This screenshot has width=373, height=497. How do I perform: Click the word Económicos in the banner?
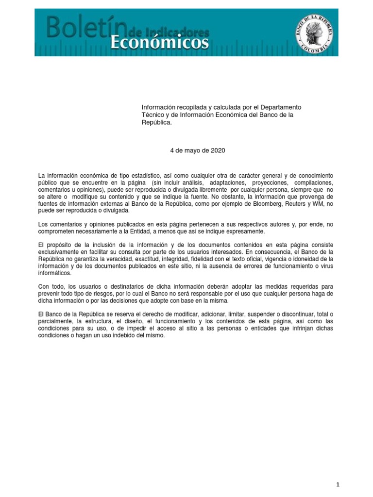point(160,44)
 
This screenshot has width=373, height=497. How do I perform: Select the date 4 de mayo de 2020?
point(198,150)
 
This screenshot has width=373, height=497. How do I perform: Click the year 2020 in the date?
point(218,150)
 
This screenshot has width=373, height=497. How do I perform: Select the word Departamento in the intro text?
point(281,107)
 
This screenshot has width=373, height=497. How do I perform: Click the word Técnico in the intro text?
point(153,115)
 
